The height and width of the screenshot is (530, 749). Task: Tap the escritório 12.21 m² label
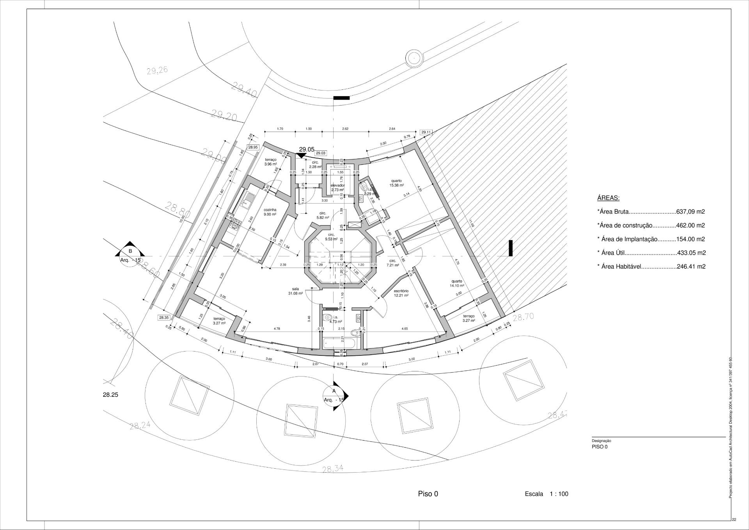tap(401, 293)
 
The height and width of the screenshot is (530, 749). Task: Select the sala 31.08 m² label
tap(295, 291)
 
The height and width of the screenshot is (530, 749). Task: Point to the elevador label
tap(337, 187)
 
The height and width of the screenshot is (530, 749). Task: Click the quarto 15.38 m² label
tap(396, 183)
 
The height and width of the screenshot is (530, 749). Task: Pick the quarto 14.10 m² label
tap(457, 283)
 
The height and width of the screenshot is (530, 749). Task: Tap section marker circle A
tap(334, 395)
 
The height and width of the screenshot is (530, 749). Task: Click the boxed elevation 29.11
tap(426, 132)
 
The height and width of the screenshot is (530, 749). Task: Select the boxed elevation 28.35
tap(164, 318)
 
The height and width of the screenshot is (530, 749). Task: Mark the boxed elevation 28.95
tap(253, 147)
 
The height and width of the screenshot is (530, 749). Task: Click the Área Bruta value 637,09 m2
tap(690, 212)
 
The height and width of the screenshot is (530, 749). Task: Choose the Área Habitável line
tap(651, 267)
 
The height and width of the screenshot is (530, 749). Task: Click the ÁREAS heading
tap(608, 198)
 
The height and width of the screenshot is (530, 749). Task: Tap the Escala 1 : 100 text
tap(546, 494)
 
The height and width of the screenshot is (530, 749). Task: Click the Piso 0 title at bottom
tap(428, 494)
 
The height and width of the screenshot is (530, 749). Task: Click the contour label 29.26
tap(157, 71)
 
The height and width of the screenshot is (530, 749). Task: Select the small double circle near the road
tap(414, 58)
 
